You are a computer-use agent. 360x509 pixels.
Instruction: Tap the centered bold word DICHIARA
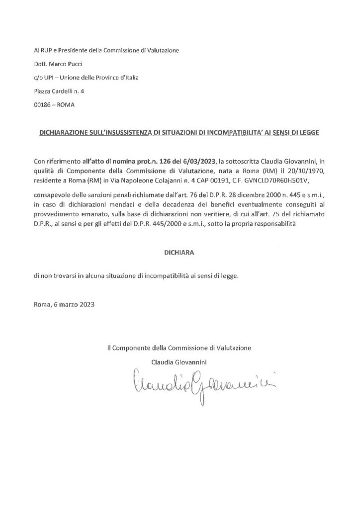pyautogui.click(x=180, y=253)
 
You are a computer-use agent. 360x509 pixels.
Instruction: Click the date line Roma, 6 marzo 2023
pyautogui.click(x=62, y=304)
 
